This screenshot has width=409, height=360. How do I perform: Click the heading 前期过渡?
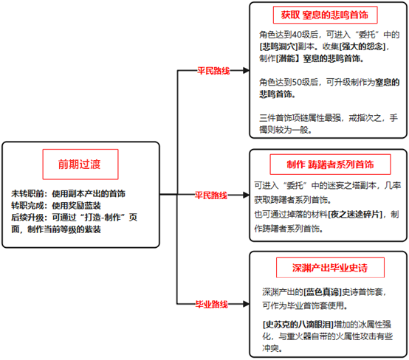click(x=79, y=165)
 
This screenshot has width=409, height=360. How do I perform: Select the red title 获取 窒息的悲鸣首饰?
click(x=325, y=15)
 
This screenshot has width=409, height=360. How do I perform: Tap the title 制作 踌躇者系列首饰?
click(x=330, y=165)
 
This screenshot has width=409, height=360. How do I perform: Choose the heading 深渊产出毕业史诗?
click(x=330, y=268)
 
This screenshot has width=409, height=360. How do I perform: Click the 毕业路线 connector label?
click(x=212, y=304)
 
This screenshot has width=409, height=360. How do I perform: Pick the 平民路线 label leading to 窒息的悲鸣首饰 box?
click(x=213, y=71)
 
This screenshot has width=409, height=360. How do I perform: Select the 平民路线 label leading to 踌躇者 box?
click(x=211, y=195)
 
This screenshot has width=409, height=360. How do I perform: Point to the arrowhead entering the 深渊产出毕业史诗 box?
click(x=246, y=304)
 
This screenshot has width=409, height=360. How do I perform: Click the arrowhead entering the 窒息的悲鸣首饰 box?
click(x=246, y=70)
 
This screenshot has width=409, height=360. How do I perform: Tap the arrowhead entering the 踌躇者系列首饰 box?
click(x=246, y=195)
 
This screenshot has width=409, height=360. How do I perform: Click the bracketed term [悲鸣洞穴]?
click(x=278, y=46)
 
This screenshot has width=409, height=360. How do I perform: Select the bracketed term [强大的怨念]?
click(x=362, y=46)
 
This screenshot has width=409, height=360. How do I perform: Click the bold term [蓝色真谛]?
click(x=323, y=292)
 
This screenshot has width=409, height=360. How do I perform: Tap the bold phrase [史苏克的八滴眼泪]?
click(x=298, y=325)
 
